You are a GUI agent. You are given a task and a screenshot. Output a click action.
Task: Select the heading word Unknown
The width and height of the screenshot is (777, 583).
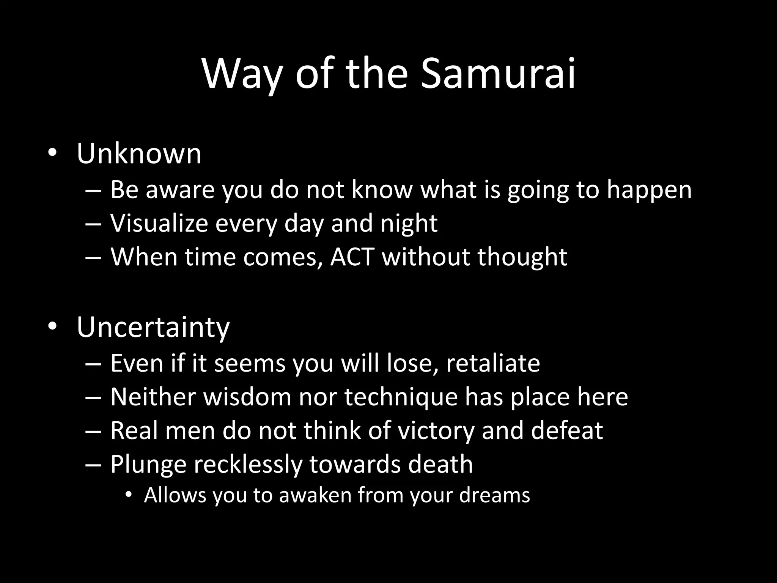click(139, 154)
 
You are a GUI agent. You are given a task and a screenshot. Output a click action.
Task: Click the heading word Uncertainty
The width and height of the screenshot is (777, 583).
click(153, 327)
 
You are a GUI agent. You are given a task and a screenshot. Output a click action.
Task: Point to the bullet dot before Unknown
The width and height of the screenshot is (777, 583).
click(52, 154)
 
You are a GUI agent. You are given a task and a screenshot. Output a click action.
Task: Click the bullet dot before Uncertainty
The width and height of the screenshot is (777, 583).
click(52, 326)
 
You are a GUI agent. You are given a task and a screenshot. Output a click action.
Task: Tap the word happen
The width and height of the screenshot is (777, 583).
click(649, 190)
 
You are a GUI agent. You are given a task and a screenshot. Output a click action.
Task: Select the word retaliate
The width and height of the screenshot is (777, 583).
click(493, 363)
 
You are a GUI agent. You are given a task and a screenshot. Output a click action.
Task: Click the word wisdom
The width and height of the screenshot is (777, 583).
click(247, 397)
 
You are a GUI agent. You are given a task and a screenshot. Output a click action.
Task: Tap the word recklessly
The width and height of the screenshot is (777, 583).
click(248, 464)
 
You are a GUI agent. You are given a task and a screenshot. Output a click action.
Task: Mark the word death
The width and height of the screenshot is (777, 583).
click(440, 464)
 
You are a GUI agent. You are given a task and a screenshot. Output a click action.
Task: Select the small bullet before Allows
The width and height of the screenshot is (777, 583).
click(129, 495)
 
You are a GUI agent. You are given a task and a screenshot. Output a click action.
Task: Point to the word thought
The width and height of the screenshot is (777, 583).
click(522, 257)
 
